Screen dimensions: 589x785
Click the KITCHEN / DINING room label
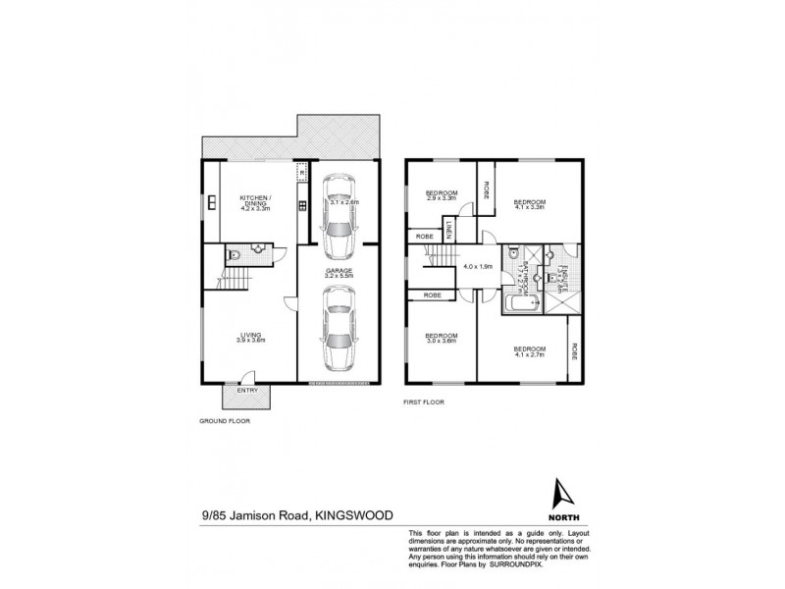point(255,205)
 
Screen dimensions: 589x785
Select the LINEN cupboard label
point(447,230)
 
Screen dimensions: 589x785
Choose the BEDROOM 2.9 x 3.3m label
point(442,195)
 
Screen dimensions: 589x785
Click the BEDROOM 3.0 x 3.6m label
point(441,338)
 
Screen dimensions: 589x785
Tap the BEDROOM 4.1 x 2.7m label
point(528,350)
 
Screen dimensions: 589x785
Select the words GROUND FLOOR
point(226,420)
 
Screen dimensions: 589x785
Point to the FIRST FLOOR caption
point(425,402)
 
